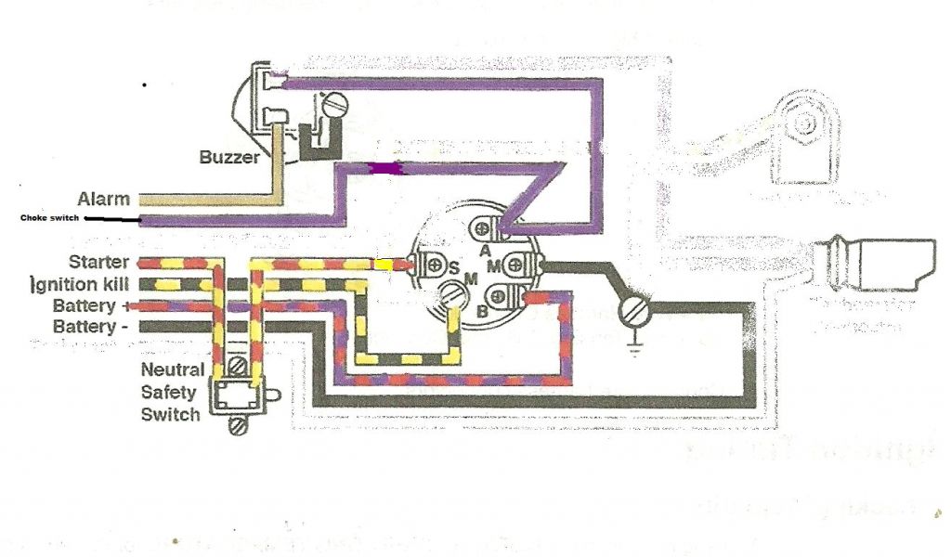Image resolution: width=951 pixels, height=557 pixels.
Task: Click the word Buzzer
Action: point(229,158)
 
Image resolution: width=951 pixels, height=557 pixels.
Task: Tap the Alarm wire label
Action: point(103,199)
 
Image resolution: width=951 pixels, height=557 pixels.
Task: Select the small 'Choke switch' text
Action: point(50,219)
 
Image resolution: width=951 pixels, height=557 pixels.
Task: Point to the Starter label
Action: point(99,263)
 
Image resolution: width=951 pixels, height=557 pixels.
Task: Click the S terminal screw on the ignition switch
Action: point(431,265)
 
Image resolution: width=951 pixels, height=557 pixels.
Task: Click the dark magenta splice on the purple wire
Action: point(382,168)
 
